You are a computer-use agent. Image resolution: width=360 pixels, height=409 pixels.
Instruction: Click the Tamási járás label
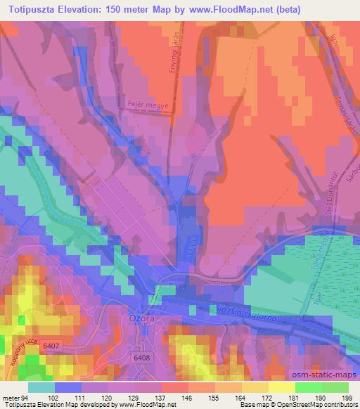(x=344, y=110)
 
